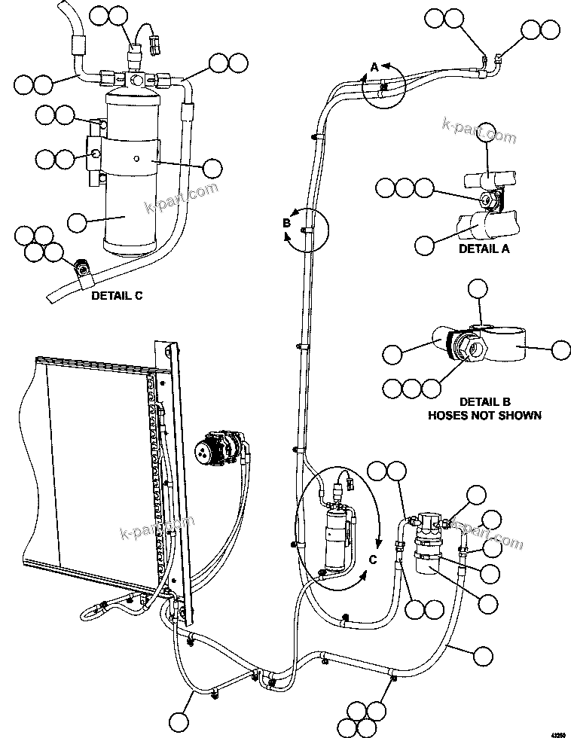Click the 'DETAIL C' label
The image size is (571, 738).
click(x=117, y=296)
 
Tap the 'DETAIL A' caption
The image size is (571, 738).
click(x=484, y=249)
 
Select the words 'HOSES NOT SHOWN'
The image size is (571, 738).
click(x=484, y=415)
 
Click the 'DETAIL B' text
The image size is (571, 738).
click(x=484, y=402)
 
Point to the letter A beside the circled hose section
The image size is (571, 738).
click(x=374, y=68)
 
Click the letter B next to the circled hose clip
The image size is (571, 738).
click(x=286, y=222)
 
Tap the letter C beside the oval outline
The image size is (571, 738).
click(x=372, y=558)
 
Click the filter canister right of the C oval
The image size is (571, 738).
click(x=429, y=546)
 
